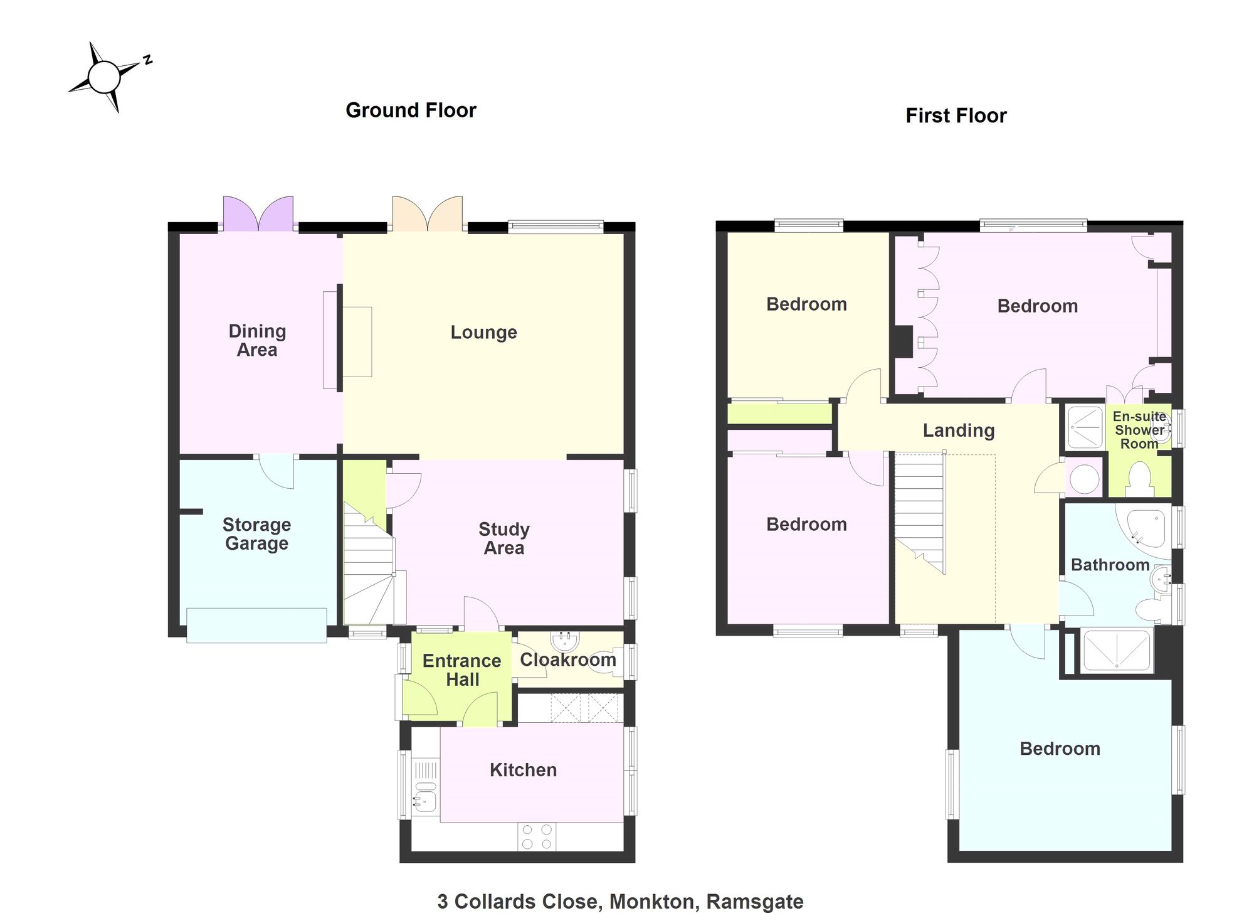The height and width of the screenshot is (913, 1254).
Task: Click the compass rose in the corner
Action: pyautogui.click(x=104, y=77)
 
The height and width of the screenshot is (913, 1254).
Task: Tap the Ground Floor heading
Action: pyautogui.click(x=411, y=110)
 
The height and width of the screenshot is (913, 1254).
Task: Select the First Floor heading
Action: pyautogui.click(x=956, y=116)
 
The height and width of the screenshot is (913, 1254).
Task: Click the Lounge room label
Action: pyautogui.click(x=484, y=332)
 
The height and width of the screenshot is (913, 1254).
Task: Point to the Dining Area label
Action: pyautogui.click(x=257, y=340)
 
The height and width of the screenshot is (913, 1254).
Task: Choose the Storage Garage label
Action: pyautogui.click(x=256, y=533)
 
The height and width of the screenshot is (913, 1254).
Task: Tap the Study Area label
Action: pyautogui.click(x=504, y=538)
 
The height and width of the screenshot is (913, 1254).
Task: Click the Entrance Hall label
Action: pyautogui.click(x=462, y=670)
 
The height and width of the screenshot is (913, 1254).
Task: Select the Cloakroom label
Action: pyautogui.click(x=568, y=659)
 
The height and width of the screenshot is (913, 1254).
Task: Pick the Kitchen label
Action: pyautogui.click(x=524, y=770)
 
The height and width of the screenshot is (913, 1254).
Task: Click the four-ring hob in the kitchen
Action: pyautogui.click(x=537, y=836)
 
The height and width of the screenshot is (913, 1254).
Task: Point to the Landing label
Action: pyautogui.click(x=959, y=430)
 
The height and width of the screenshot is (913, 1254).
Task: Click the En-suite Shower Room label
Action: pyautogui.click(x=1139, y=430)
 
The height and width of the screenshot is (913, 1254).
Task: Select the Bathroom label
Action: pyautogui.click(x=1110, y=565)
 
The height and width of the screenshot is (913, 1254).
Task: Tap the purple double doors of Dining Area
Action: pyautogui.click(x=258, y=213)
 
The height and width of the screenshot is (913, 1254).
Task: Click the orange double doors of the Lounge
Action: pyautogui.click(x=428, y=213)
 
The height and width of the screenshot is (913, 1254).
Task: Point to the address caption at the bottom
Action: pyautogui.click(x=620, y=902)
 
